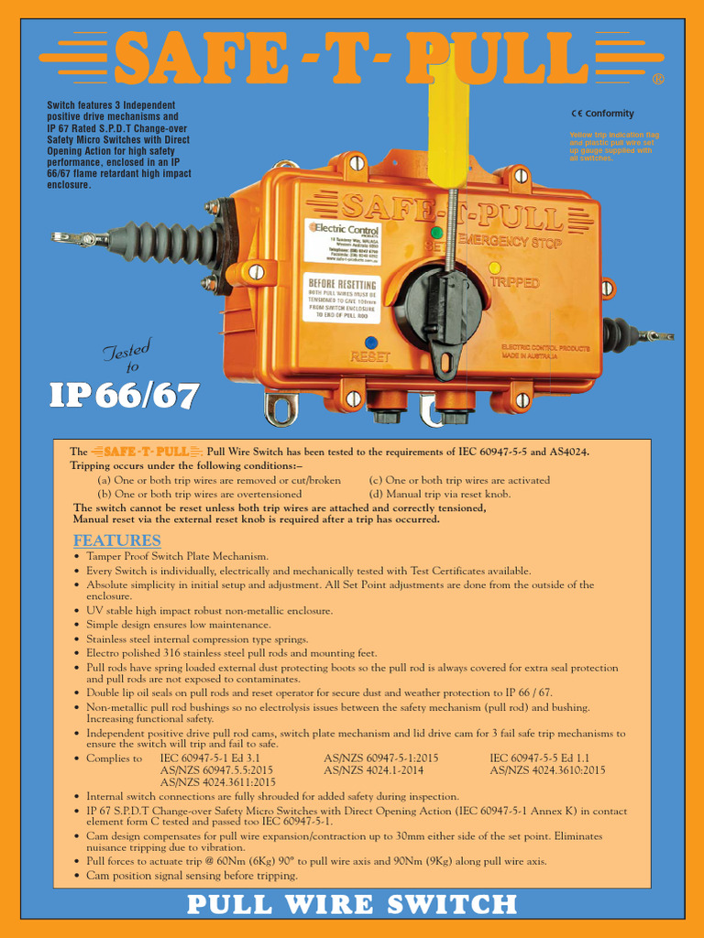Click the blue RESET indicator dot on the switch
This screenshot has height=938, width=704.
pos(370,343)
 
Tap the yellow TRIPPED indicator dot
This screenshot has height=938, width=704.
pos(494,267)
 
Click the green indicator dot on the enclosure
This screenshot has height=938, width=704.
pos(437,233)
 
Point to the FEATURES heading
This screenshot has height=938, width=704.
pos(117,540)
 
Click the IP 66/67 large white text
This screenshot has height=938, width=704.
pos(123,395)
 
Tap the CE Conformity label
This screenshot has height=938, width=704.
pos(602,114)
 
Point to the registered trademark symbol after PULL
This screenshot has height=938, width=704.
pos(657,80)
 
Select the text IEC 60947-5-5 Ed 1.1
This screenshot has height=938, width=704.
pos(540,758)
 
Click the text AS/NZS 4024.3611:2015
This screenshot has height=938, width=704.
pos(218,782)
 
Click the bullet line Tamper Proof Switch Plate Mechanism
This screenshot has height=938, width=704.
pos(177,556)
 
